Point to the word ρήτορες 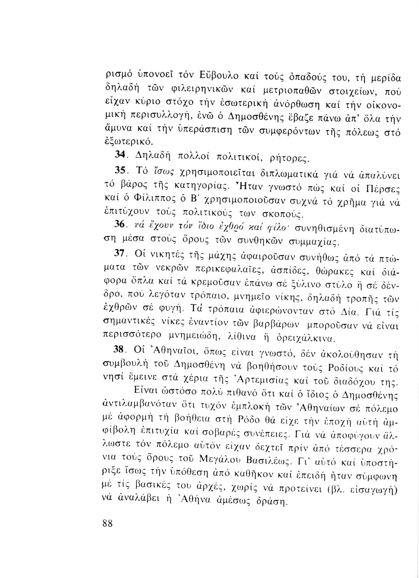point(286,157)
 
